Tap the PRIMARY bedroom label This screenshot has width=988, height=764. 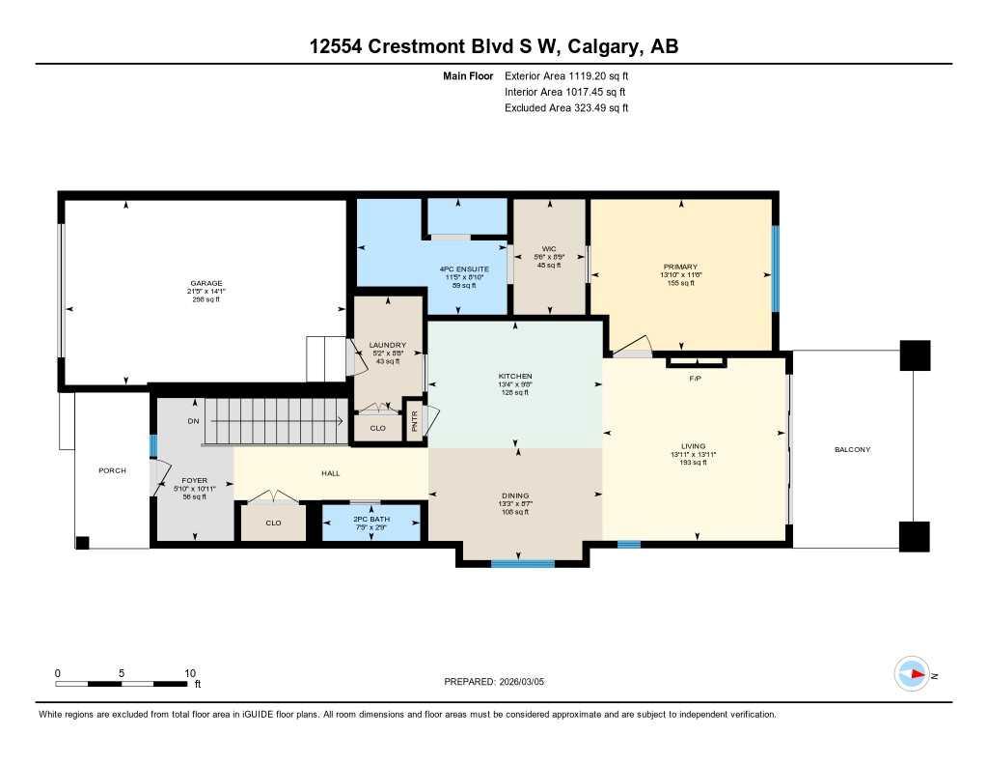tap(680, 267)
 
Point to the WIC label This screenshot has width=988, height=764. tap(549, 248)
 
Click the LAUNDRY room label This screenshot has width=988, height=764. tap(387, 345)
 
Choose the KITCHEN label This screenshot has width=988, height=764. tap(515, 376)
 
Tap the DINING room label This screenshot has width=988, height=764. tap(515, 492)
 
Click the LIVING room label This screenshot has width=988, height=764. tap(695, 445)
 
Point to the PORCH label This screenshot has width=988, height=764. tap(113, 470)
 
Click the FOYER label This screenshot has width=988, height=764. tap(195, 480)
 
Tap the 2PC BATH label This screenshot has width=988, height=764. tap(370, 519)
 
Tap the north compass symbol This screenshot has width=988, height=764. tap(913, 673)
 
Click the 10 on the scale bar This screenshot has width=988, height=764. tap(189, 673)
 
